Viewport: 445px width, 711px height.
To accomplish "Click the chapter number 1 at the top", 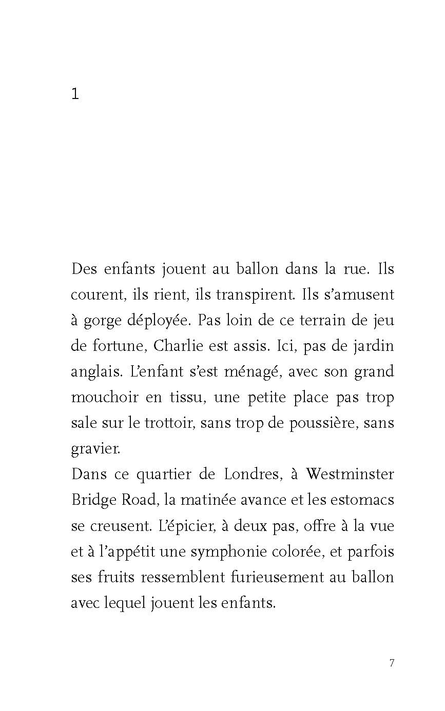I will click(75, 94).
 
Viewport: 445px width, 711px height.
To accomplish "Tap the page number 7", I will click(392, 663).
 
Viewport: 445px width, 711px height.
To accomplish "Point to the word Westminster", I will click(350, 473).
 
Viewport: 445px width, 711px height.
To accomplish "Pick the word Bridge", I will click(93, 500).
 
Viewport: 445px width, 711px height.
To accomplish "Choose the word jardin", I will click(373, 346).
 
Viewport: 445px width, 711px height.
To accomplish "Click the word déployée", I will click(159, 321).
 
